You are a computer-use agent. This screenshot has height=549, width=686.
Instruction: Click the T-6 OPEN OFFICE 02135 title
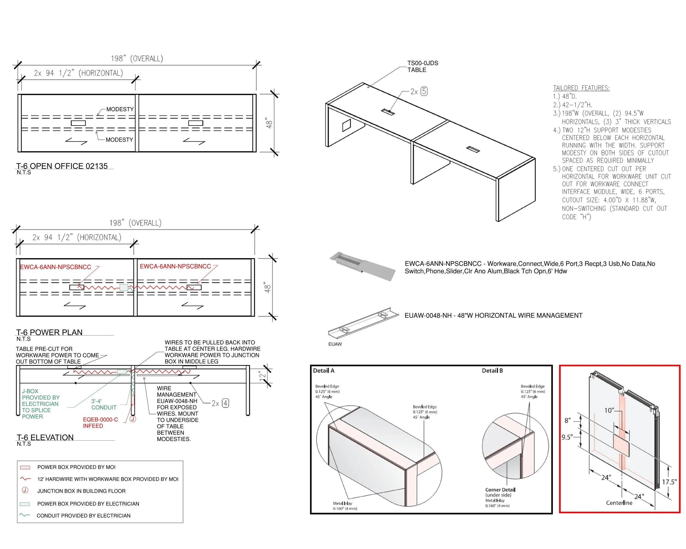(x=62, y=166)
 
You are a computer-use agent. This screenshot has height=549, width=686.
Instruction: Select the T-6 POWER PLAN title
(x=49, y=332)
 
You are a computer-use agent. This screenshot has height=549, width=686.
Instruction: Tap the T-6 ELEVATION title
(x=45, y=437)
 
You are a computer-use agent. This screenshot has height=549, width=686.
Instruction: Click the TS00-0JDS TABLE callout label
(x=423, y=66)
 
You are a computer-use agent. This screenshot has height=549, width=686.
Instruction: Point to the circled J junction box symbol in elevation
(x=133, y=419)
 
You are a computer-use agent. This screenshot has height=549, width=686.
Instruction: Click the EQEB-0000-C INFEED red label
(x=100, y=423)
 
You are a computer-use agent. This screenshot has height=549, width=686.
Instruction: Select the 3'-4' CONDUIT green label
(x=103, y=404)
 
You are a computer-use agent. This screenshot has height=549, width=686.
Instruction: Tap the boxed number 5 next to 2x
(x=424, y=91)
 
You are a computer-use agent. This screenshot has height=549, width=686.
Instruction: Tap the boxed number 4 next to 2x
(x=225, y=403)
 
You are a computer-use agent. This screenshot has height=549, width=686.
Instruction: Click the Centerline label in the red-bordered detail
(x=619, y=503)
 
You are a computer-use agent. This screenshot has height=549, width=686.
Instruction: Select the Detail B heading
(x=492, y=371)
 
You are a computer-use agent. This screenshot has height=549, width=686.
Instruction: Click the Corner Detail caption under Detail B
(x=500, y=490)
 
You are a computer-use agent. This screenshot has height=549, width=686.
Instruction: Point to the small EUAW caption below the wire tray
(x=335, y=344)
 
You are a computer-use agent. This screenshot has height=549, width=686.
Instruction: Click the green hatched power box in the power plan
(x=123, y=288)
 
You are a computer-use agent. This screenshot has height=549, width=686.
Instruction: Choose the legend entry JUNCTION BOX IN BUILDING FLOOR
(x=81, y=491)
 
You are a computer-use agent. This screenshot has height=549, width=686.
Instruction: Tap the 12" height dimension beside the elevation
(x=262, y=375)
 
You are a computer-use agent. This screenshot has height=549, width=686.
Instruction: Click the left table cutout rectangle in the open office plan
(x=78, y=123)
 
